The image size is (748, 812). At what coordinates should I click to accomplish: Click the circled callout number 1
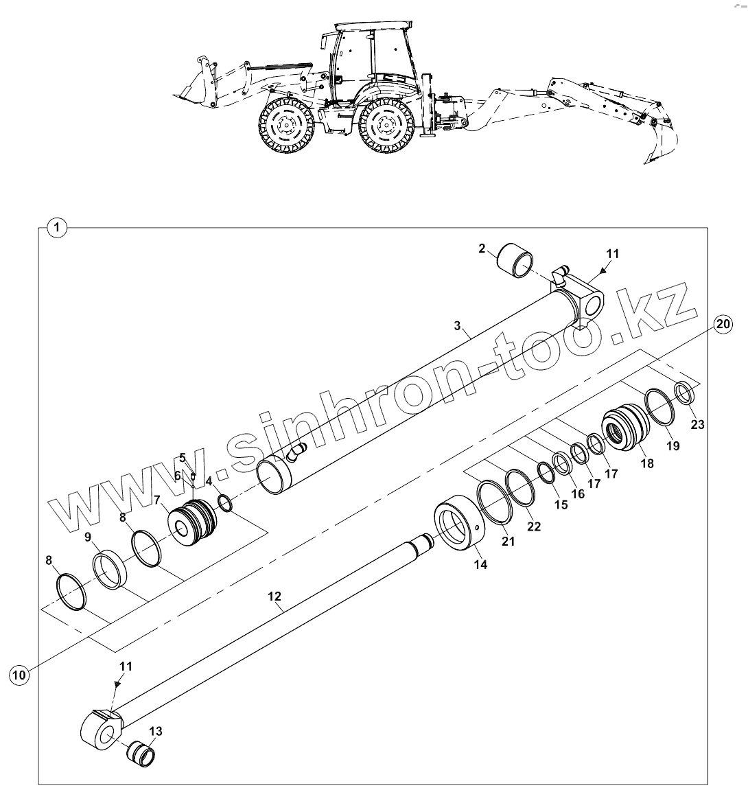58,227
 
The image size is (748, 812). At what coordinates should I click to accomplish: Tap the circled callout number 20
721,325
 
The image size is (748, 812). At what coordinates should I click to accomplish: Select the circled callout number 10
19,675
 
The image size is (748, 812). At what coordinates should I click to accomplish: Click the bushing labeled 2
515,260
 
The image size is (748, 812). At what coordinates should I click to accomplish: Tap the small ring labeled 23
684,392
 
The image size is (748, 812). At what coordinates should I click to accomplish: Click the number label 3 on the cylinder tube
458,326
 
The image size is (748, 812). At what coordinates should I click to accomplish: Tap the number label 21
508,542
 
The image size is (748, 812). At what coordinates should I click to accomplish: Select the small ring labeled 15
546,473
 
